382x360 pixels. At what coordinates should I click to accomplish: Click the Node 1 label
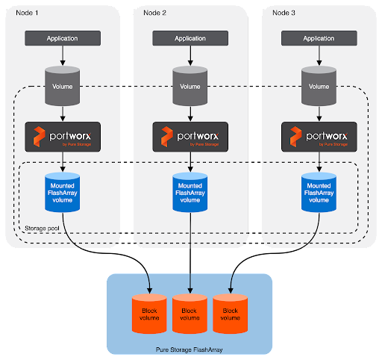pyautogui.click(x=27, y=13)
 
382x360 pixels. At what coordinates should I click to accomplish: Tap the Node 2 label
pyautogui.click(x=154, y=13)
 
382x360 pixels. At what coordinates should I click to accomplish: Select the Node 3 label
pyautogui.click(x=284, y=13)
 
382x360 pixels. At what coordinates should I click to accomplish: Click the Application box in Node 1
pyautogui.click(x=63, y=38)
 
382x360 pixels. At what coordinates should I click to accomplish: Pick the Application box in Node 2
pyautogui.click(x=190, y=38)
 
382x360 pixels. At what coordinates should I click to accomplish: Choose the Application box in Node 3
pyautogui.click(x=319, y=38)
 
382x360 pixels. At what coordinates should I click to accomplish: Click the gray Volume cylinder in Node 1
pyautogui.click(x=63, y=86)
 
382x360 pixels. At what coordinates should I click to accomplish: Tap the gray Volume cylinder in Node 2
pyautogui.click(x=190, y=86)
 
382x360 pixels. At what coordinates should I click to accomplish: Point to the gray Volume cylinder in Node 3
pyautogui.click(x=319, y=86)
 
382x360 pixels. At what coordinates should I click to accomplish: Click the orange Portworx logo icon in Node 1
pyautogui.click(x=40, y=137)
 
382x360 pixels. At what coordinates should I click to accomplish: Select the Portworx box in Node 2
pyautogui.click(x=190, y=137)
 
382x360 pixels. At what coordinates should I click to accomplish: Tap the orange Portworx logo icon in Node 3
pyautogui.click(x=295, y=137)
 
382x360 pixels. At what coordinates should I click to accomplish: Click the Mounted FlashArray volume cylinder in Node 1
pyautogui.click(x=63, y=192)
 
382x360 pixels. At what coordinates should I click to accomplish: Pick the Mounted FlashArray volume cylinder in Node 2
pyautogui.click(x=190, y=192)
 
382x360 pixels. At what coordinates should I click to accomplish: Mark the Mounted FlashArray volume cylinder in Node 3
pyautogui.click(x=319, y=192)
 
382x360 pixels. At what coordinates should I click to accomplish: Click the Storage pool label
pyautogui.click(x=42, y=229)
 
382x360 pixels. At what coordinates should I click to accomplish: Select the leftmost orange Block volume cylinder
pyautogui.click(x=149, y=314)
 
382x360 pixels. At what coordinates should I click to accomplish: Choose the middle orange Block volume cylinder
pyautogui.click(x=190, y=314)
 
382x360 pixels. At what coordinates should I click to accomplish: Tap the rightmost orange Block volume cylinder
pyautogui.click(x=231, y=314)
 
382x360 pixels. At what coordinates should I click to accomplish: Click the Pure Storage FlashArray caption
pyautogui.click(x=190, y=350)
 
